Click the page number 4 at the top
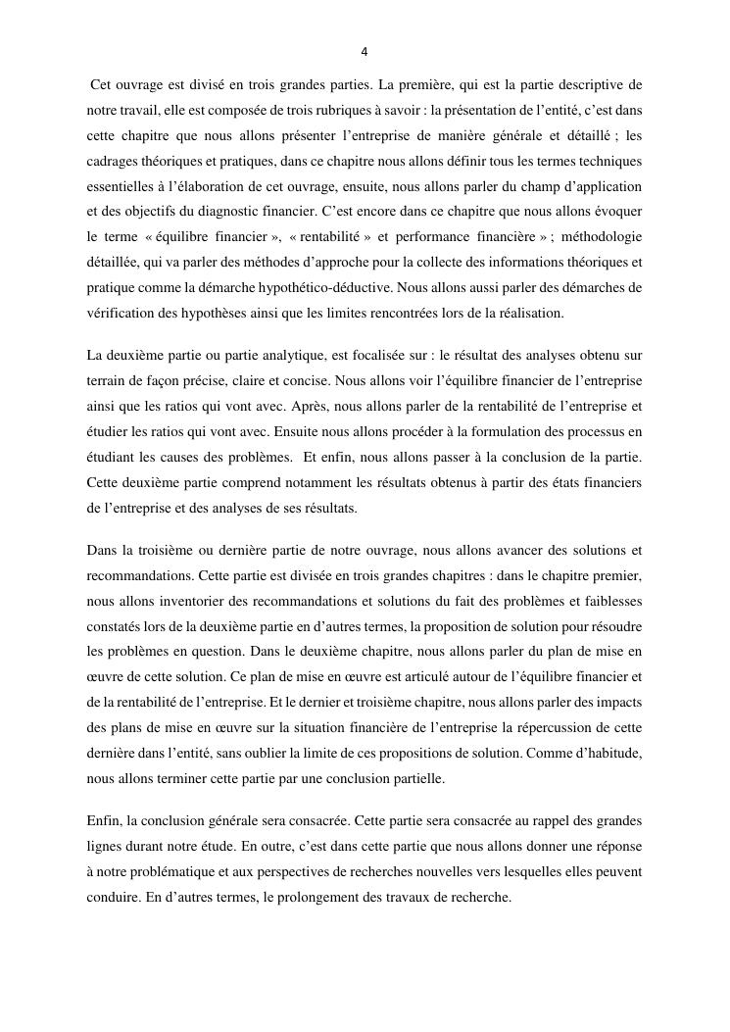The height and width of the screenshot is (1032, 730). coord(365,52)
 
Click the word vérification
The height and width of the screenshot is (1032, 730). coord(122,313)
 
